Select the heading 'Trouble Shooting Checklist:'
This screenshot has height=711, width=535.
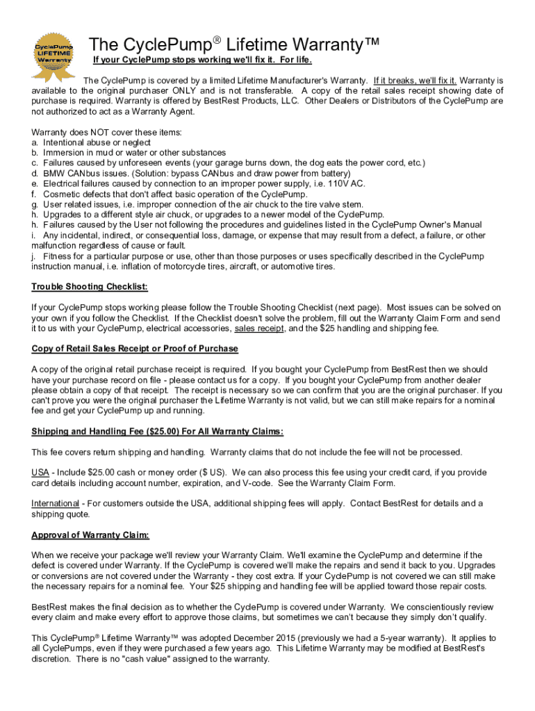pos(90,287)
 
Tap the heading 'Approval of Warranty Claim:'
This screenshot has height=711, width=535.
pos(90,535)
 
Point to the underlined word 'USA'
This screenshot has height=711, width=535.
pos(40,473)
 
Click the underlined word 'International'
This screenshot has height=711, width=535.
pos(56,503)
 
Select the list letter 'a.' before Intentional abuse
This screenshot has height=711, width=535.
pos(35,142)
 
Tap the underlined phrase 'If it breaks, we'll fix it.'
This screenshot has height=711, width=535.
pos(415,80)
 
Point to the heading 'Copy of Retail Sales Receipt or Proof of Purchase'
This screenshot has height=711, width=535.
pos(135,349)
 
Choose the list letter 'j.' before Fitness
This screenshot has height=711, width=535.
pos(35,256)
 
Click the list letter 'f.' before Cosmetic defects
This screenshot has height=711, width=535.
pos(35,194)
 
